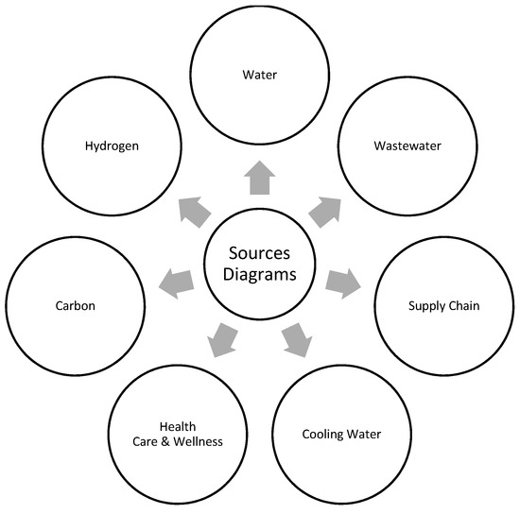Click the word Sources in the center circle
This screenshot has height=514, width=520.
tap(259, 255)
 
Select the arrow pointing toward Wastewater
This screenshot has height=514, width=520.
tap(325, 210)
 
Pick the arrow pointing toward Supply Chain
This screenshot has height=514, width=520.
tap(343, 282)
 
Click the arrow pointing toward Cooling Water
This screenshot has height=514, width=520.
tap(297, 339)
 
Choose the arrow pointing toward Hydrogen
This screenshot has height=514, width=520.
tap(194, 210)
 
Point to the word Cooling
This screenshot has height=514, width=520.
tap(321, 435)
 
